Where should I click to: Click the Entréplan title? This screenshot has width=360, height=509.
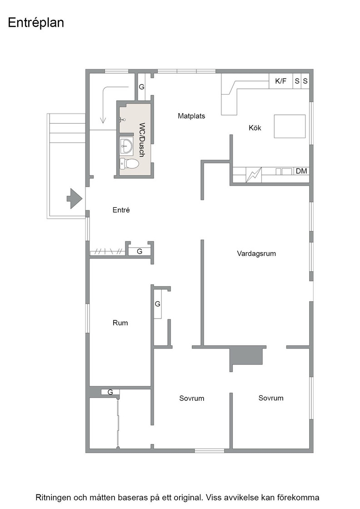click(36, 23)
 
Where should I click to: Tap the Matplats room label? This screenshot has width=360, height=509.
click(191, 116)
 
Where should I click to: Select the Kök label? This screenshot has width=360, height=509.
click(255, 128)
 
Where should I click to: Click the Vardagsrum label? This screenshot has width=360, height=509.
click(256, 254)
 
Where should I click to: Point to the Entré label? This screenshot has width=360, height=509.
click(121, 210)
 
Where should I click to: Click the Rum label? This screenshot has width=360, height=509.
click(120, 323)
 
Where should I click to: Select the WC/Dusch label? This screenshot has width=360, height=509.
click(141, 140)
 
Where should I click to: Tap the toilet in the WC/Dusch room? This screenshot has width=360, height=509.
click(129, 164)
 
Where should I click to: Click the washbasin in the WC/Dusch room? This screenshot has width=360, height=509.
click(126, 146)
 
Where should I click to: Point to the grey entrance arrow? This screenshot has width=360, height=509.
click(75, 198)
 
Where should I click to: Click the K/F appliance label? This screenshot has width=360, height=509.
click(281, 81)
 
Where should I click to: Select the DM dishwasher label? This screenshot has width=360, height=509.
click(301, 171)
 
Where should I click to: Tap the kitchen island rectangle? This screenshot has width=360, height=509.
click(290, 126)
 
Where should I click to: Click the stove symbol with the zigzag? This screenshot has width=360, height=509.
click(254, 175)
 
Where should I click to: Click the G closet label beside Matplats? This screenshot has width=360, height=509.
click(141, 87)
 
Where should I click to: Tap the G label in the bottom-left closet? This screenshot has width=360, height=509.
click(110, 392)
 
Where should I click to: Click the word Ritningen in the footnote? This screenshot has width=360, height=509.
click(52, 498)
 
